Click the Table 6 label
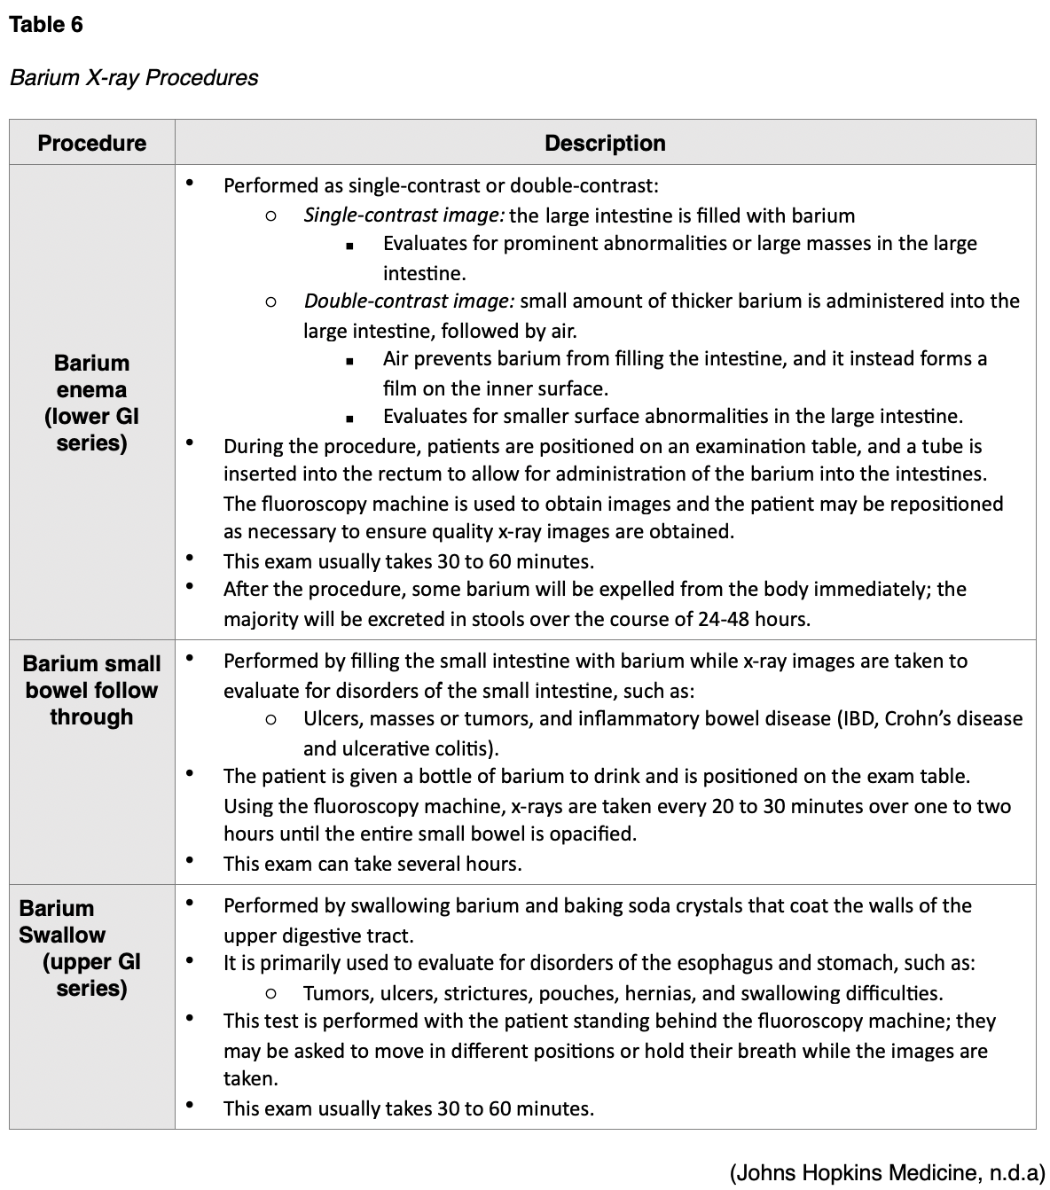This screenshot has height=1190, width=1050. (x=46, y=25)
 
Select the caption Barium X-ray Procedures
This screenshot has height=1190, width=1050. (x=134, y=78)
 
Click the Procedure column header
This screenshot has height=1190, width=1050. (x=91, y=143)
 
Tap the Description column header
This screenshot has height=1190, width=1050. (x=605, y=143)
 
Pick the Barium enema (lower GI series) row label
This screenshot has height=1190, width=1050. (x=91, y=403)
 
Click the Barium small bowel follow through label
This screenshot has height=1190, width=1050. (x=91, y=690)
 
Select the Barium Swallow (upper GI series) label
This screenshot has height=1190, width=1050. (x=80, y=948)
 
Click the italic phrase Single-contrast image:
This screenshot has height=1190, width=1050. (x=404, y=215)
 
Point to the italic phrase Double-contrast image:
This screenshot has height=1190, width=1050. (x=409, y=301)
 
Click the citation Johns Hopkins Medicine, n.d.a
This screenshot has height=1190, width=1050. (x=888, y=1173)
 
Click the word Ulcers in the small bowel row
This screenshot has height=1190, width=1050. (x=332, y=719)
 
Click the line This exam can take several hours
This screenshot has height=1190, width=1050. (x=372, y=864)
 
